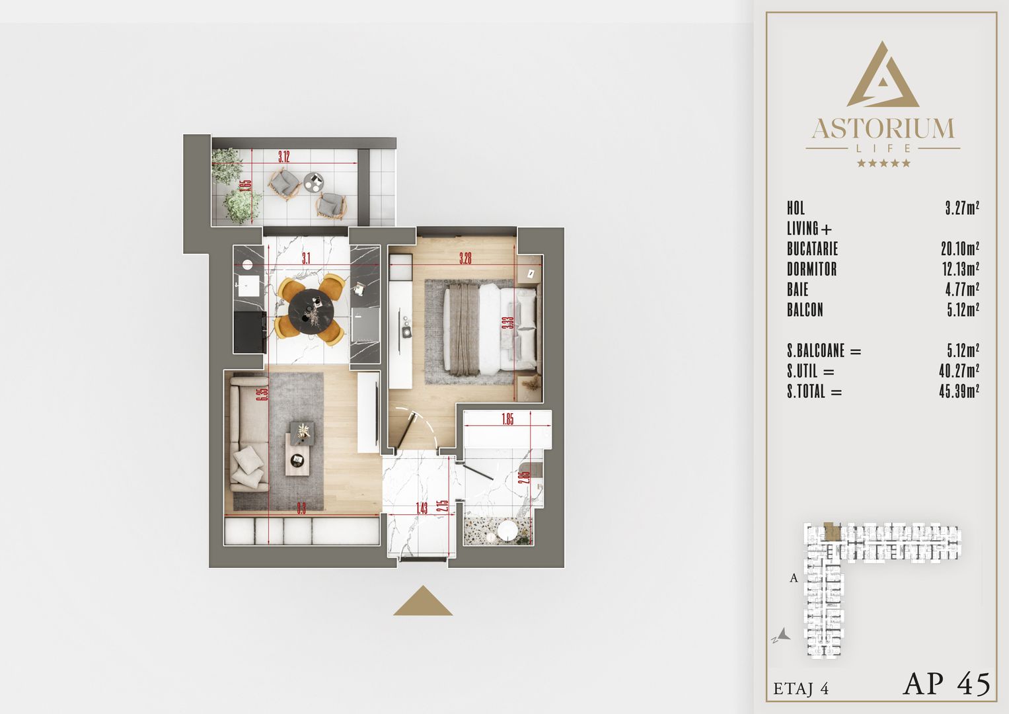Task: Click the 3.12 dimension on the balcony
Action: point(283,157)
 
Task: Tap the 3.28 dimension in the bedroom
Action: point(465,258)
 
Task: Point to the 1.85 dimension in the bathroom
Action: point(507,419)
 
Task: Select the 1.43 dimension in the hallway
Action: point(422,508)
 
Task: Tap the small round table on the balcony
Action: point(313,180)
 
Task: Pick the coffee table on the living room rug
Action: point(299,449)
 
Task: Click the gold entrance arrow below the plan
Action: point(423,601)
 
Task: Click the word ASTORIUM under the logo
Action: point(883,128)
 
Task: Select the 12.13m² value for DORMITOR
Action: point(959,269)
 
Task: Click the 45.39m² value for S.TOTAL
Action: point(959,391)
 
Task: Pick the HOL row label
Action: point(796,208)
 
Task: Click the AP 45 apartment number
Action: point(946,684)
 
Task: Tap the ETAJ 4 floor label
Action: point(801,689)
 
